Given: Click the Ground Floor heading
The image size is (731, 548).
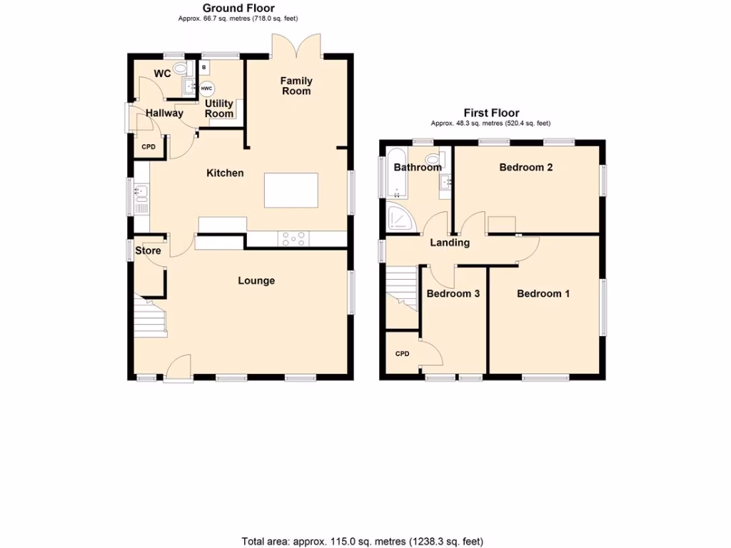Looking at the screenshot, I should coord(238,9).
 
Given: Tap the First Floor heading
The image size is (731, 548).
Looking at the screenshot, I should coord(491,113).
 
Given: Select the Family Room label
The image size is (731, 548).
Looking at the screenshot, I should coord(296,86).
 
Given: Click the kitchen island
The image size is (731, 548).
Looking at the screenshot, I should coord(291,191).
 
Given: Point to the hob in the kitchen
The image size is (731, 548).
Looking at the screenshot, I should coord(295,239).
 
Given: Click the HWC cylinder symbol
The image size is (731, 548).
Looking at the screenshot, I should coord(207,89).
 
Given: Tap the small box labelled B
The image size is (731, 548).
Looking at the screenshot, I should coord(204,68).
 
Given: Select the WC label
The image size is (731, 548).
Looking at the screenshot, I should coord(162,73).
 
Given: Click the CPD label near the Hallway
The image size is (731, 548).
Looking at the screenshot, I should coord(148,147).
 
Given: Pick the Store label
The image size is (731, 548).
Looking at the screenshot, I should coord(148,250).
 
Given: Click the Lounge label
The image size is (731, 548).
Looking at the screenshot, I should coord(256,280).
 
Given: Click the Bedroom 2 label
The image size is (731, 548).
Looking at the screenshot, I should coord(526,168).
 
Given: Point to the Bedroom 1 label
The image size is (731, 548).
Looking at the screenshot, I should coord(543,293).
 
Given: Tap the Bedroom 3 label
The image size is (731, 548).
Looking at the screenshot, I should coord(453,293).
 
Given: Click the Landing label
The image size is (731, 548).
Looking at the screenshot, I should coord(450,243).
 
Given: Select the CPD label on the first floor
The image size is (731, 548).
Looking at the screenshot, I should coord(403,353).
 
